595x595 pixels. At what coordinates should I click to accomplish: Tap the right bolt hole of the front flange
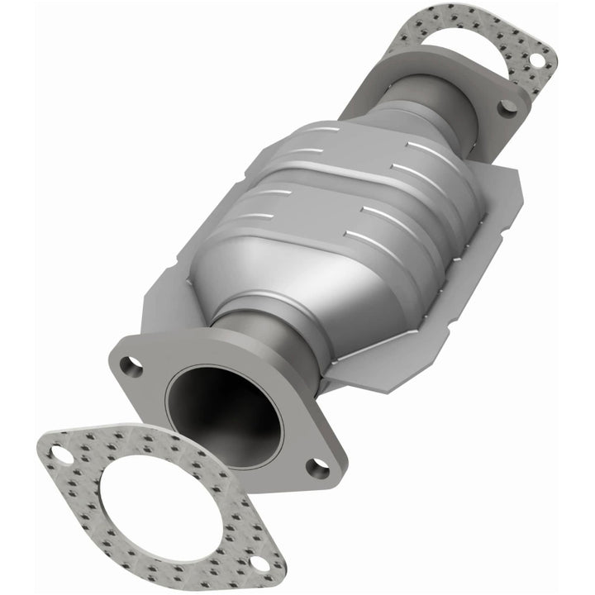pyautogui.click(x=317, y=469)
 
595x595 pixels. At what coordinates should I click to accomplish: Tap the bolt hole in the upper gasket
pyautogui.click(x=535, y=59)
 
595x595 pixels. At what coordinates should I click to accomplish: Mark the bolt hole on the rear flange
pyautogui.click(x=510, y=105)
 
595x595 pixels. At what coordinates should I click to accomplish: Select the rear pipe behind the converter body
pyautogui.click(x=446, y=99)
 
